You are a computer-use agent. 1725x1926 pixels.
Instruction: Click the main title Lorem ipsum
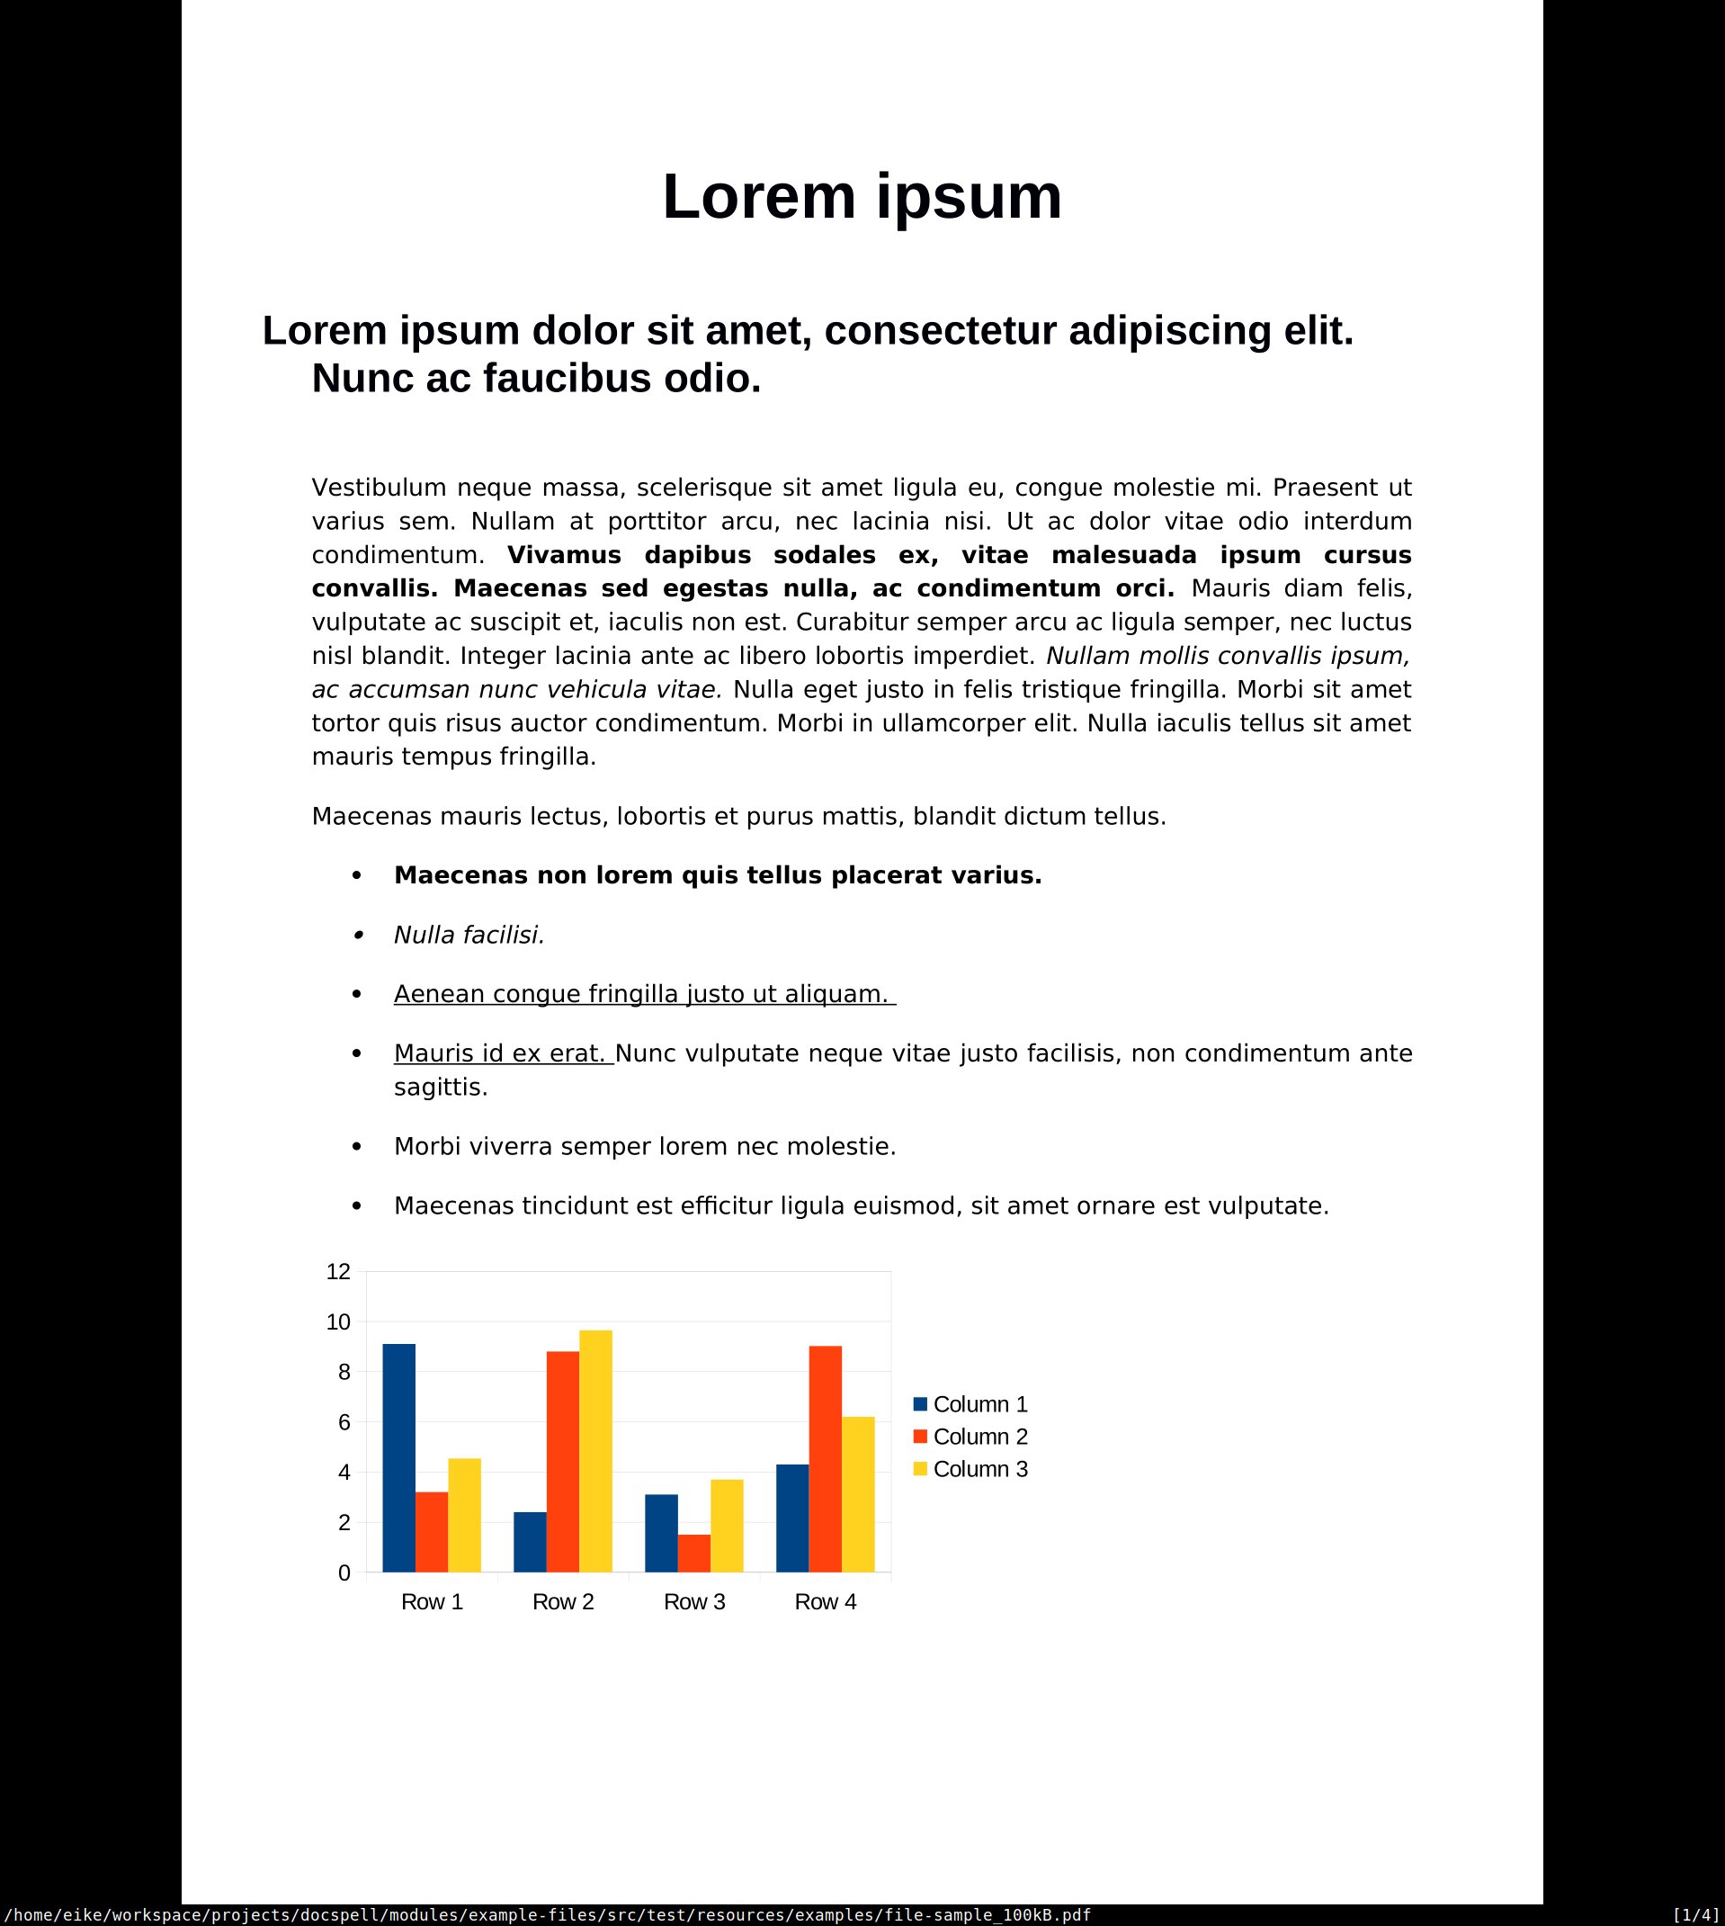862,197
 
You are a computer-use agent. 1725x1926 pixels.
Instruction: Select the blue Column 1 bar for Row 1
398,1458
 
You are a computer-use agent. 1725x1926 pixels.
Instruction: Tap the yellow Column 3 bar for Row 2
595,1451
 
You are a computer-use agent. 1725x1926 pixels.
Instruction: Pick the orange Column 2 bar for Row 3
693,1553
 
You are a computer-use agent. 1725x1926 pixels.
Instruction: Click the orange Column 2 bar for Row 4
825,1459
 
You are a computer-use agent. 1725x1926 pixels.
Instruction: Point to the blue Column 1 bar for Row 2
530,1541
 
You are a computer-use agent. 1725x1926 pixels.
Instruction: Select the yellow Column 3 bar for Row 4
858,1494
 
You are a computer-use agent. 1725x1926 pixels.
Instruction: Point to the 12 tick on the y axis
338,1272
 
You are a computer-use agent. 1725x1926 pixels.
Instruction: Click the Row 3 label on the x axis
693,1601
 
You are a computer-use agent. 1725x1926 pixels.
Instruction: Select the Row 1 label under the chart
432,1601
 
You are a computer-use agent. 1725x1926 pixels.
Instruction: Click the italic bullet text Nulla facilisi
469,936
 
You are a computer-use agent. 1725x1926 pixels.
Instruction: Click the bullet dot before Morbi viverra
356,1147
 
